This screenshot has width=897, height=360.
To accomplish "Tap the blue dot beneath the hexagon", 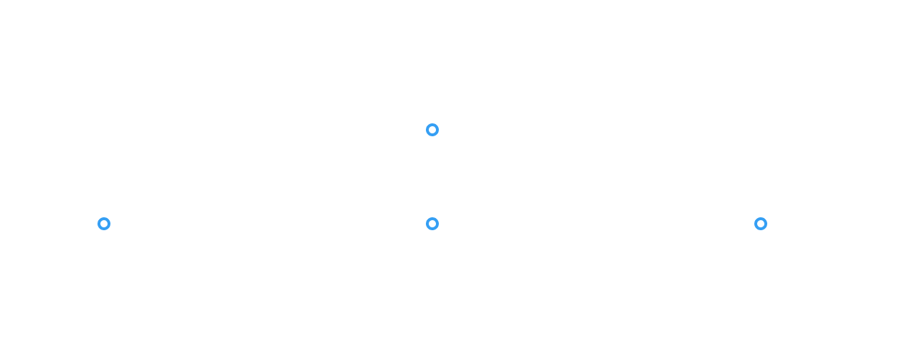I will coord(432,130).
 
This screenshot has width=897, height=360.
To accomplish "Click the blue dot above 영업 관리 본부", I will coord(104,223).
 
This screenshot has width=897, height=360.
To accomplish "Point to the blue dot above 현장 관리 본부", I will coord(432,223).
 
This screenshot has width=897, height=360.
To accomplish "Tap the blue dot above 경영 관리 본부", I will coord(760,223).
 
